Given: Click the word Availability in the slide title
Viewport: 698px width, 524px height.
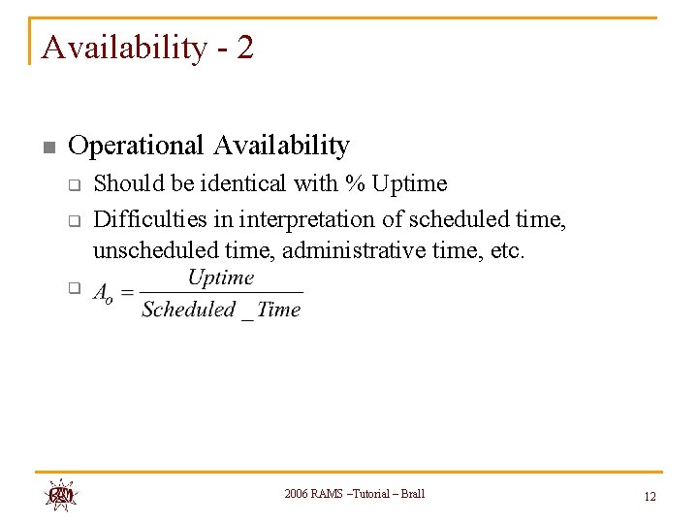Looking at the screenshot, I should pyautogui.click(x=124, y=47).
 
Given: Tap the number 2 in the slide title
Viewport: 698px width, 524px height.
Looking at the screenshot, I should pyautogui.click(x=244, y=47).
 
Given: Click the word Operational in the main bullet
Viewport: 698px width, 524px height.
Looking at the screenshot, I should pyautogui.click(x=137, y=146).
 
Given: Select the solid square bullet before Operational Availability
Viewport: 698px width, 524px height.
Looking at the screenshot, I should pyautogui.click(x=49, y=147).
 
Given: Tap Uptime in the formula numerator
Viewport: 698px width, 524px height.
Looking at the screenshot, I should pyautogui.click(x=220, y=278).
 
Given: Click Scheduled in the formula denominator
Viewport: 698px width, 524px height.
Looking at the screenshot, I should pyautogui.click(x=188, y=310).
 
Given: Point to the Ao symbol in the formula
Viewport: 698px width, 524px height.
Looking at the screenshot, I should pyautogui.click(x=103, y=295).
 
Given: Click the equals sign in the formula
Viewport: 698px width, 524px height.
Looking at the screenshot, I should pyautogui.click(x=127, y=293).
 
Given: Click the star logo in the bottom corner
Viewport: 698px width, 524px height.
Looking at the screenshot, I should pyautogui.click(x=60, y=494).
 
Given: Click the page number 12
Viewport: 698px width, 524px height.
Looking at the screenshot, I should pyautogui.click(x=650, y=496).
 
